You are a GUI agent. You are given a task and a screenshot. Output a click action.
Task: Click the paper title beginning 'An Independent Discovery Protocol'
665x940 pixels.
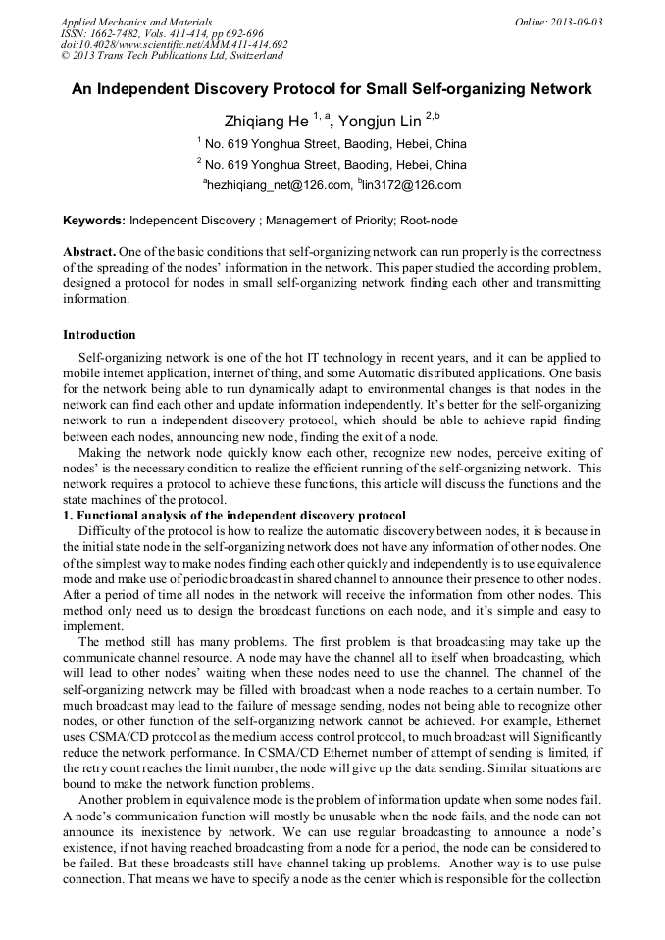click(x=332, y=89)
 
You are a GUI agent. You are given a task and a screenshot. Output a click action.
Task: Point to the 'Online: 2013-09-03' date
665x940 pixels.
click(x=557, y=22)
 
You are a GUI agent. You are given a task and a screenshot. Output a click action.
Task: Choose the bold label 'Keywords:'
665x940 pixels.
click(x=95, y=221)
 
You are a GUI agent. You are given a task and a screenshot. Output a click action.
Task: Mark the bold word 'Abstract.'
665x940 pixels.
click(x=90, y=251)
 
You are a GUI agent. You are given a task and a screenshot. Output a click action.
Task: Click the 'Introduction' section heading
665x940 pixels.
click(x=99, y=335)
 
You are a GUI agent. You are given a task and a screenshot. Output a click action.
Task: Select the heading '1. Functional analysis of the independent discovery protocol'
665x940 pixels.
click(x=234, y=516)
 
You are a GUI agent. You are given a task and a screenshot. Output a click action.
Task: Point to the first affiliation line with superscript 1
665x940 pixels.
click(x=332, y=142)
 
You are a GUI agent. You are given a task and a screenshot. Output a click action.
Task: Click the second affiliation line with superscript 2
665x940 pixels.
click(x=332, y=164)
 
